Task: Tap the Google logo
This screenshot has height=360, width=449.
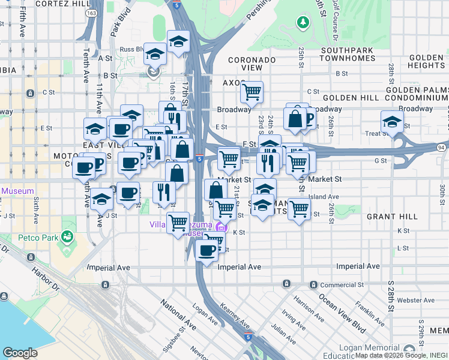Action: [x=20, y=353]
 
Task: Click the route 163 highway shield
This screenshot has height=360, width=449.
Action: [x=91, y=13]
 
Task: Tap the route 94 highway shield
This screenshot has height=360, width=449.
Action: [x=442, y=148]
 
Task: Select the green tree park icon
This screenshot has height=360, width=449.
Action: [x=303, y=23]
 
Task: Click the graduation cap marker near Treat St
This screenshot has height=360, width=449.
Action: [x=392, y=122]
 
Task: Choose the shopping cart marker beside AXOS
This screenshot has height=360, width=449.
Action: [x=251, y=92]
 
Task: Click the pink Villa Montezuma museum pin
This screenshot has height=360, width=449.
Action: [x=220, y=227]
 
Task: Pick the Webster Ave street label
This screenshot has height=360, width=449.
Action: [x=418, y=300]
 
